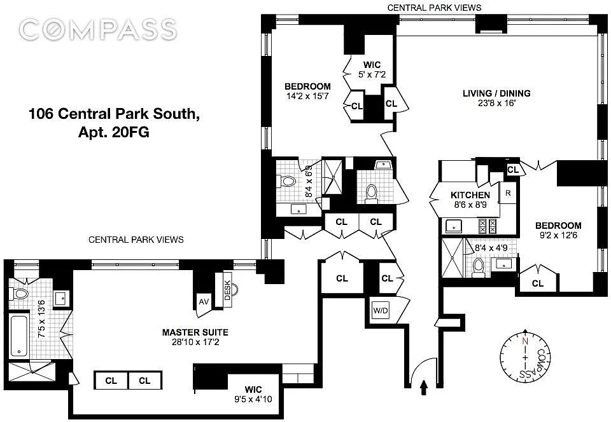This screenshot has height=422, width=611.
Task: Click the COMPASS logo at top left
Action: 98,30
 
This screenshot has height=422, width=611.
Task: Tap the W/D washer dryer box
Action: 381,310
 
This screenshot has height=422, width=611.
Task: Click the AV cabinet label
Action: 204,302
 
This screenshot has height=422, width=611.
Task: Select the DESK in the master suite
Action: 228,290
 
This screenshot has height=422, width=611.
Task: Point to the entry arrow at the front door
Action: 424,388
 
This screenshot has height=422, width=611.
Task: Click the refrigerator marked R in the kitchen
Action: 508,193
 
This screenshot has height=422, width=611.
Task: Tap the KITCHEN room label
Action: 470,195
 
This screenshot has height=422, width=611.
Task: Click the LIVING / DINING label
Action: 496,93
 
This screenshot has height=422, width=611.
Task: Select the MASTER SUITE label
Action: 195,332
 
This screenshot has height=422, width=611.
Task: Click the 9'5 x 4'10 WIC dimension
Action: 253,399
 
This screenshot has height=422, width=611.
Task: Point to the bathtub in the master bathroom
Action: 19,336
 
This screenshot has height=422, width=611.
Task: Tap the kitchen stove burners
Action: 488,226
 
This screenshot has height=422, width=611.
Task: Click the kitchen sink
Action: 454,226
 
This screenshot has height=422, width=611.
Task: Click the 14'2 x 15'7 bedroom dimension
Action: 307,96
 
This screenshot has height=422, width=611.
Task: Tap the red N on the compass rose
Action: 525,341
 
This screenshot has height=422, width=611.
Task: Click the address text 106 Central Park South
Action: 114,114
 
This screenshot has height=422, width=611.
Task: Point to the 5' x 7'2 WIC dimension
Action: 372,74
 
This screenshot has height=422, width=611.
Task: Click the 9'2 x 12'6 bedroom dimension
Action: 558,235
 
